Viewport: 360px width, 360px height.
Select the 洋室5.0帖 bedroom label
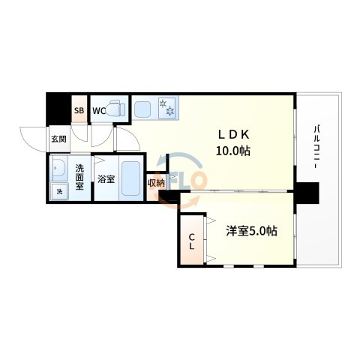[x=251, y=231]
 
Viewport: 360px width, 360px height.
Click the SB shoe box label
[x=78, y=112]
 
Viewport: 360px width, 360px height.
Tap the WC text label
[x=98, y=112]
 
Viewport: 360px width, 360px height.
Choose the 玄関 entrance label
[x=58, y=139]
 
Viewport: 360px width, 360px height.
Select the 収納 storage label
[x=155, y=183]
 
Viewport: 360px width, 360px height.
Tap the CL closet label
[x=191, y=239]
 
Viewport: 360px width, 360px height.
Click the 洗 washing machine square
[x=59, y=191]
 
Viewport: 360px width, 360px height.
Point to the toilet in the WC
[x=116, y=110]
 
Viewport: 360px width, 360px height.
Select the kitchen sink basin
[x=143, y=109]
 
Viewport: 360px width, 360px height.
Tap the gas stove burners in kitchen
[x=166, y=108]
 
